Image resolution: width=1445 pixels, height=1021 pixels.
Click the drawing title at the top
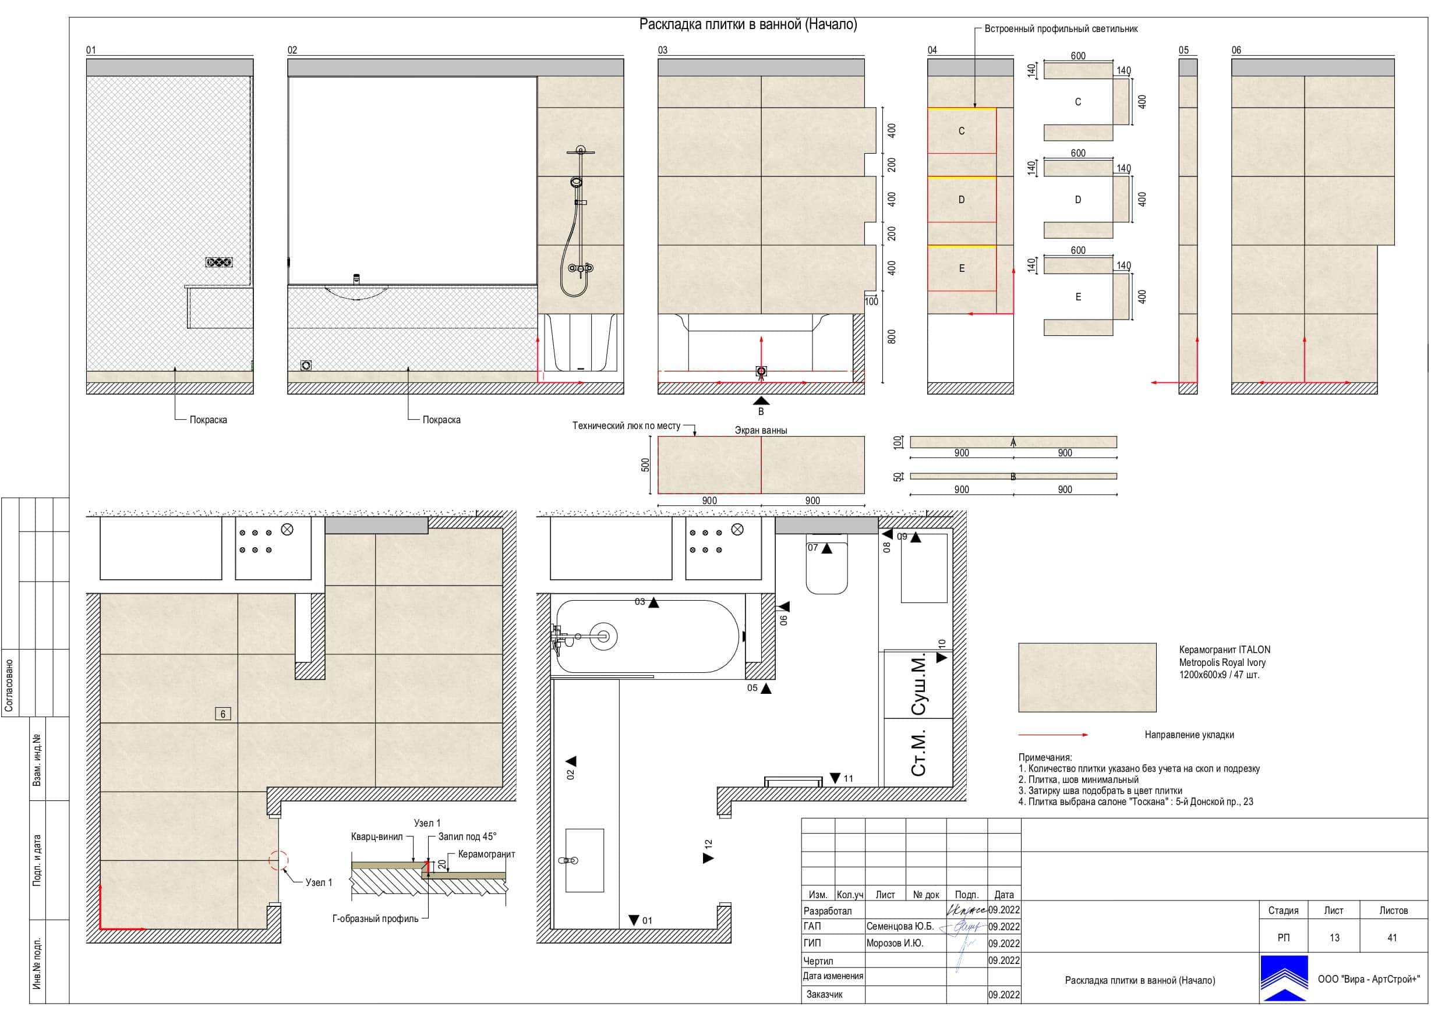tap(748, 24)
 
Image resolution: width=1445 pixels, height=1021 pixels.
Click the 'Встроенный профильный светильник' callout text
tap(1061, 29)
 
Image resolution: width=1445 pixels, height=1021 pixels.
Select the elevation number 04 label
tap(932, 50)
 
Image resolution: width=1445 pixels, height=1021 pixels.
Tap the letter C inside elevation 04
tap(961, 131)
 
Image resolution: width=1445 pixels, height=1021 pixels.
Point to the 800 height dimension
tap(891, 336)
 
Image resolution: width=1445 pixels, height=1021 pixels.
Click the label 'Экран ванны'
tap(761, 430)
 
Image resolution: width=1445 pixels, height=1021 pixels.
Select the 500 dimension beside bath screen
tap(645, 465)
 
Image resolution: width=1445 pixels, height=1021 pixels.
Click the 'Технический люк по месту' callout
tap(626, 426)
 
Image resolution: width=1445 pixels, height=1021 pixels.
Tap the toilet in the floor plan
tap(827, 564)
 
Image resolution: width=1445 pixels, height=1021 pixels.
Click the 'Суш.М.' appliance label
tap(919, 685)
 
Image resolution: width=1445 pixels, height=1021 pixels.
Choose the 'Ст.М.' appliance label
tap(919, 753)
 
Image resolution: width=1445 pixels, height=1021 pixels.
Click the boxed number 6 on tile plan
tap(223, 714)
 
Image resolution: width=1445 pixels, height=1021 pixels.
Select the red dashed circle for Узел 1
tap(279, 860)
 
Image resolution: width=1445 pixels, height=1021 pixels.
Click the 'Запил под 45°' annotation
tap(467, 836)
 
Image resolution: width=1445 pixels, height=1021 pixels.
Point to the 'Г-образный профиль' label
tap(375, 919)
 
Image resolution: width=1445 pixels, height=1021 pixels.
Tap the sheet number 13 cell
tap(1334, 937)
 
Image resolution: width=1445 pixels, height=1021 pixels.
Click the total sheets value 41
tap(1392, 937)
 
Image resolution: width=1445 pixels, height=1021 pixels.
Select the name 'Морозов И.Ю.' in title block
tap(895, 943)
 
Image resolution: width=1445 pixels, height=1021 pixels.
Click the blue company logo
tap(1284, 979)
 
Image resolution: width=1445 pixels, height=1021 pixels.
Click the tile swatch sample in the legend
tap(1087, 678)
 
